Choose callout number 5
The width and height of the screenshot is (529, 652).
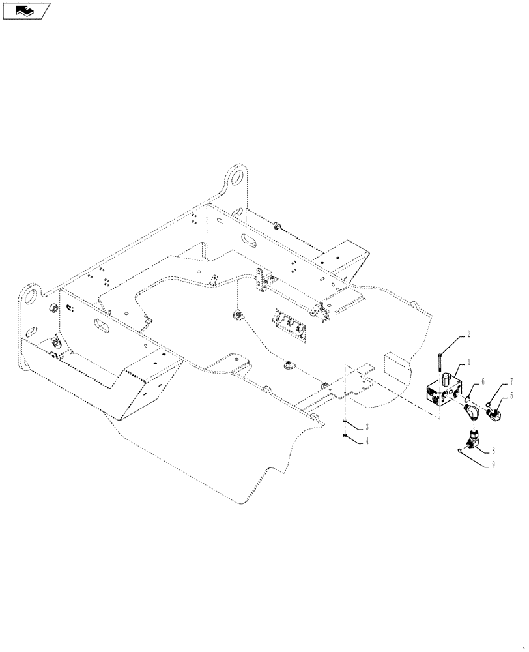(x=511, y=395)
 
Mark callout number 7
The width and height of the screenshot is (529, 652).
(x=511, y=380)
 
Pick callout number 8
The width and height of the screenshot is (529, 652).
(x=493, y=449)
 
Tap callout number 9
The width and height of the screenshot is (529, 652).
(x=493, y=466)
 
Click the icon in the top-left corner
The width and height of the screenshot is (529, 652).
(x=26, y=10)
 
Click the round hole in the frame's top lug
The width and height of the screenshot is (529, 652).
(x=238, y=177)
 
